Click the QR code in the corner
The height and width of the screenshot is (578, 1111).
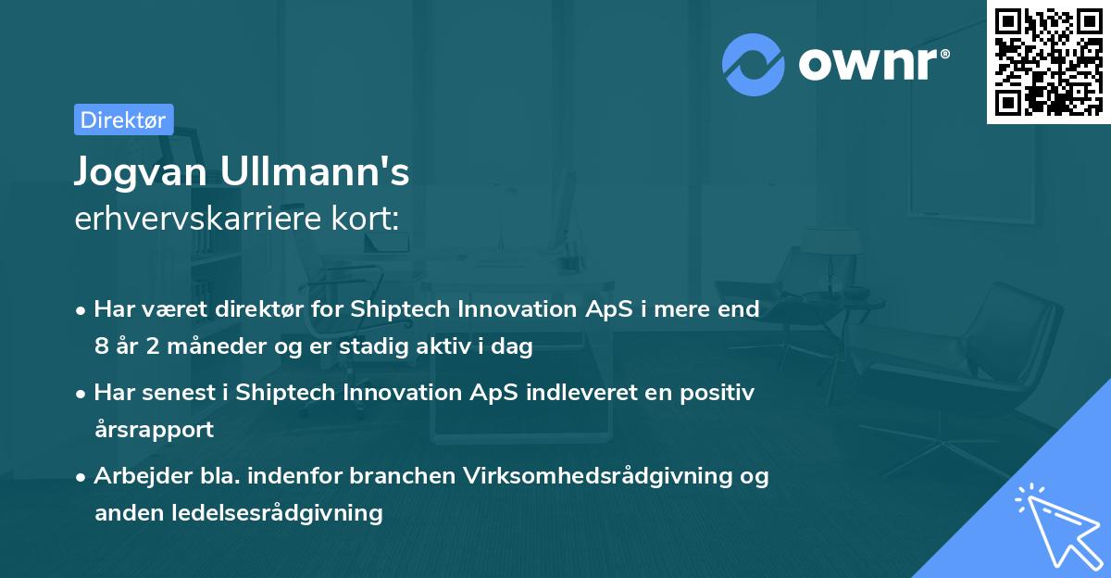1048,62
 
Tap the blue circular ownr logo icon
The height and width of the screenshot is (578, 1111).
754,65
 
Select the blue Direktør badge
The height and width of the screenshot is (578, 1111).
123,119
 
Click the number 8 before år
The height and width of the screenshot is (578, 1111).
101,347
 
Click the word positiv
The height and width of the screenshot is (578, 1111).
718,392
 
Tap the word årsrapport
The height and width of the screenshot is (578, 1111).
154,429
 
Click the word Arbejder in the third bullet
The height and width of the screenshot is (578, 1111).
134,475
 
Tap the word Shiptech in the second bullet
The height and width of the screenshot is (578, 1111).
286,392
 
